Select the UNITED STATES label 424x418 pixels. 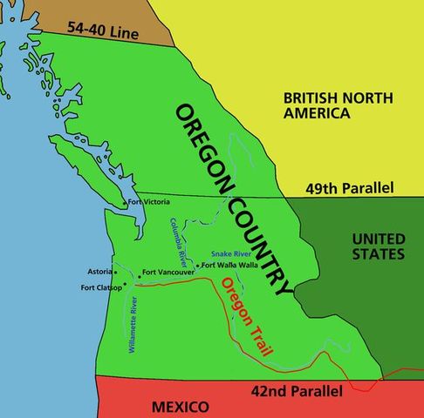[x=378, y=246]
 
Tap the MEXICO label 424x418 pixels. [x=180, y=407]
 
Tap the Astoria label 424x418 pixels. [x=100, y=271]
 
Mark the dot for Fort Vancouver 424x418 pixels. [x=140, y=276]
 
